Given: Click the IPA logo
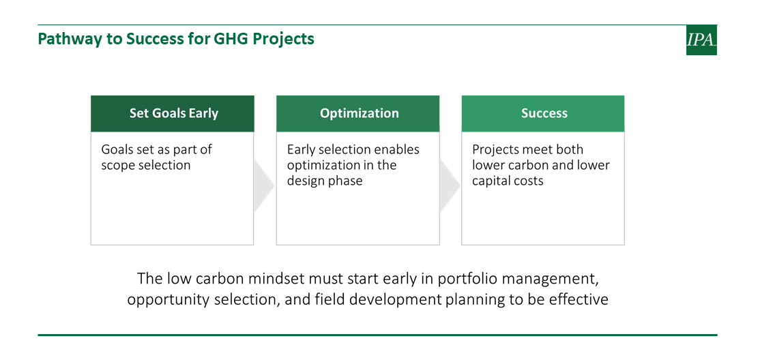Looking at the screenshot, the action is click(x=701, y=40).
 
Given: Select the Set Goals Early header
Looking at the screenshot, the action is click(x=173, y=113).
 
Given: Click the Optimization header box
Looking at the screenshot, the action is click(x=358, y=113).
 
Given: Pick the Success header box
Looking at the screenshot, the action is click(x=543, y=113).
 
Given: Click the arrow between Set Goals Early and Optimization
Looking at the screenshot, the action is click(x=264, y=185).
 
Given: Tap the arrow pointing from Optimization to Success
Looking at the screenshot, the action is click(x=450, y=185).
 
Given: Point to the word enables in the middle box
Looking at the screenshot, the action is click(x=398, y=150).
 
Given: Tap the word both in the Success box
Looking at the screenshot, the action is click(x=570, y=150).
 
